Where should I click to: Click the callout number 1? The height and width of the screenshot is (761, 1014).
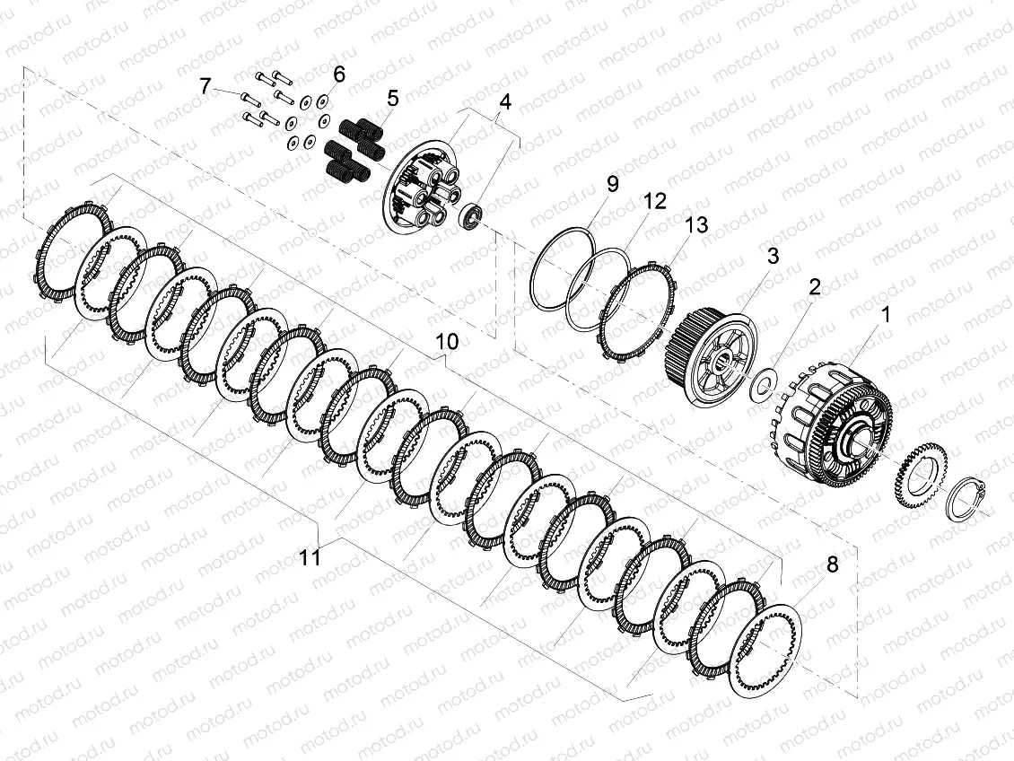click(x=886, y=315)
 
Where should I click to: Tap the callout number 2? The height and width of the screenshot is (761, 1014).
click(x=815, y=286)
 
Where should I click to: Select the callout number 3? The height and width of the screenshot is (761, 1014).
click(x=773, y=256)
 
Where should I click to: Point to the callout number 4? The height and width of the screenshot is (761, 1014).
click(x=505, y=101)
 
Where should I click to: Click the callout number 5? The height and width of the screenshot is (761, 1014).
click(x=393, y=99)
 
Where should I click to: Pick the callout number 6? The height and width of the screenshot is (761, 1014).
click(x=339, y=74)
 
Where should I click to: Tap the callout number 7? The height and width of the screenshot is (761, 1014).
click(x=205, y=85)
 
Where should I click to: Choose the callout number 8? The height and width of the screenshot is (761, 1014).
click(x=832, y=564)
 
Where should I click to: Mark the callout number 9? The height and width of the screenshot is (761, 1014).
click(x=612, y=184)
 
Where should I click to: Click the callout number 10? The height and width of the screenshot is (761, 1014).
click(x=447, y=341)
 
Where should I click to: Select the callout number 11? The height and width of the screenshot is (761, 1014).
click(x=310, y=557)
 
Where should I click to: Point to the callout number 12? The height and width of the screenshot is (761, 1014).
click(x=654, y=201)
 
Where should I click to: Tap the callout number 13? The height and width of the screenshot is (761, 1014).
click(x=696, y=225)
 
